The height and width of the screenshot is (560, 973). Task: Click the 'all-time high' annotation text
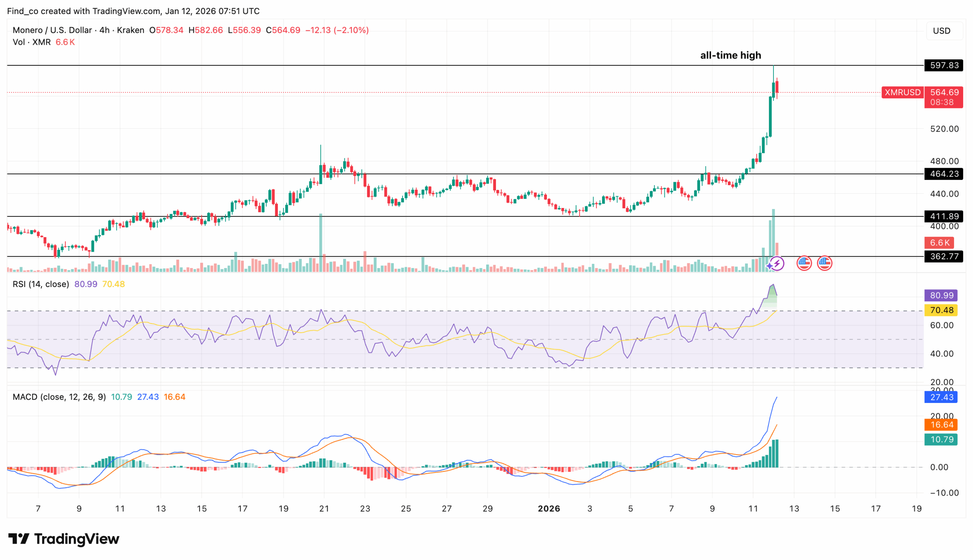coord(731,56)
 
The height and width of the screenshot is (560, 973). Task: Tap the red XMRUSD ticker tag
coord(902,92)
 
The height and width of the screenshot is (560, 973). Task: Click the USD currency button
coord(941,31)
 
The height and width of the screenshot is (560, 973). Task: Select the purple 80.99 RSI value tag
coord(941,295)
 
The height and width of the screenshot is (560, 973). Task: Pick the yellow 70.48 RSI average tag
coord(941,310)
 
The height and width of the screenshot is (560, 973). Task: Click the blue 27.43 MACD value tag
coord(941,397)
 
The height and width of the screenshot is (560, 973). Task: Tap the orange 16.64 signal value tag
coord(941,425)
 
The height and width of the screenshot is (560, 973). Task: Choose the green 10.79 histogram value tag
coord(941,439)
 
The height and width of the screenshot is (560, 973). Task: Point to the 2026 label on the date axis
coord(548,508)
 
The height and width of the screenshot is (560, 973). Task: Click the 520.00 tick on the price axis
coord(944,129)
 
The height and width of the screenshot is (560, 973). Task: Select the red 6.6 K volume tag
coord(939,243)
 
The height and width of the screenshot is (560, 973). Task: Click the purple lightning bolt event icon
coord(776,264)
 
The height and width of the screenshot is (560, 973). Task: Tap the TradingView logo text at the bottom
coord(64,539)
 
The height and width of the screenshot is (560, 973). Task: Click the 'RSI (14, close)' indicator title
coord(41,284)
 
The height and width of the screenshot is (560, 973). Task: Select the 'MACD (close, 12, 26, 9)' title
coord(59,397)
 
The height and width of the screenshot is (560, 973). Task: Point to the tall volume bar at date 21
coord(321,243)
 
